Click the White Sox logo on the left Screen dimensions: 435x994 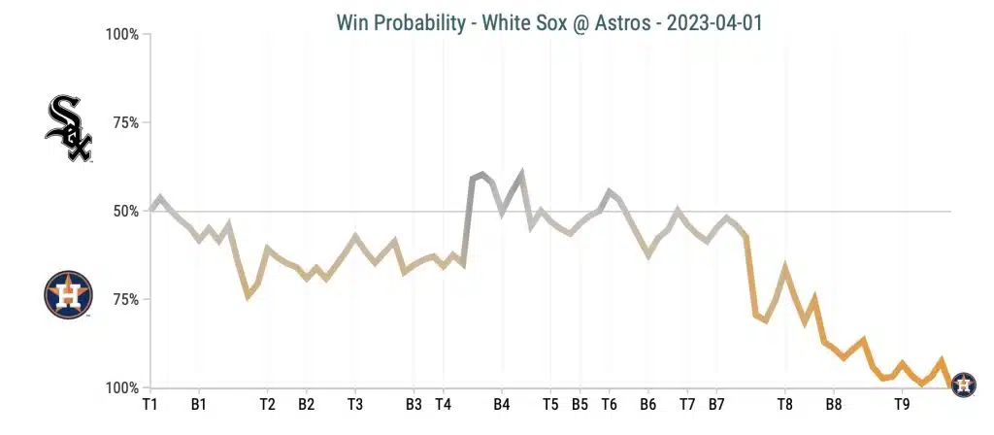pos(68,128)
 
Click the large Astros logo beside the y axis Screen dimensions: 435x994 pos(68,295)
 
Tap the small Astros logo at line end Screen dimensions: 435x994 pos(963,385)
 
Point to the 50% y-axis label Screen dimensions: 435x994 pos(125,212)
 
